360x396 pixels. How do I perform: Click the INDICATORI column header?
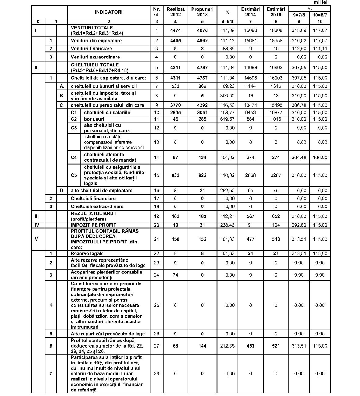109,12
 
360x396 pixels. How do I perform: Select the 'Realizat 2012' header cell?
175,12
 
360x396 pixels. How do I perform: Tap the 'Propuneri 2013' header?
202,12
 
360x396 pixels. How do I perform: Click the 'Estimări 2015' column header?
276,12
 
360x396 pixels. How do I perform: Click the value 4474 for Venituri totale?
175,30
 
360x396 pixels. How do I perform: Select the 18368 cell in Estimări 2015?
276,30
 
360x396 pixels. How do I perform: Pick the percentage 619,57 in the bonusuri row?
228,119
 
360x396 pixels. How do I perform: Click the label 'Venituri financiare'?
91,48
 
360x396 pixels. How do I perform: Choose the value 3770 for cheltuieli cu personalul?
175,105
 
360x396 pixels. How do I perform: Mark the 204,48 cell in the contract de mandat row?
299,157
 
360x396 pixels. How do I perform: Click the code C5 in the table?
74,175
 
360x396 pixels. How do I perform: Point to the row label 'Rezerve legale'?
87,253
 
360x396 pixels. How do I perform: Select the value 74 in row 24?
175,275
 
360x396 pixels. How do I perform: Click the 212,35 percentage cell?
228,346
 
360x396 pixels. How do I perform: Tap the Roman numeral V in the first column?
36,239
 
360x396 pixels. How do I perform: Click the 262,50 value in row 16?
228,191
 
